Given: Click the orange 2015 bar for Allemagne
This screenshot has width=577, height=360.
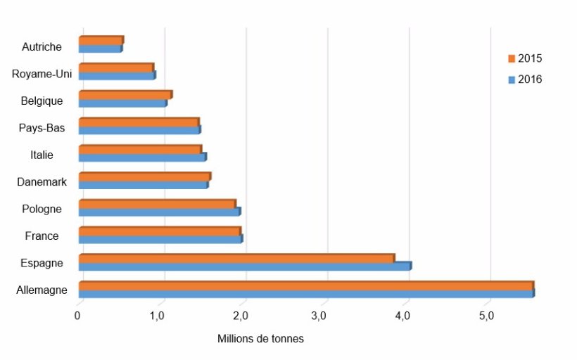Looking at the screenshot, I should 305,285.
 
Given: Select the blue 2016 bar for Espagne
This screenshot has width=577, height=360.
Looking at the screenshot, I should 244,266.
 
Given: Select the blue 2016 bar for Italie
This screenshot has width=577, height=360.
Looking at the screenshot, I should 142,157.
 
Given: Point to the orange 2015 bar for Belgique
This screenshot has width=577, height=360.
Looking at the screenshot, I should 125,95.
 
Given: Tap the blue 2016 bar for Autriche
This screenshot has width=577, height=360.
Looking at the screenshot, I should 100,49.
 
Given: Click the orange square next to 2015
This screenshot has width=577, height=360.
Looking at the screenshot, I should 512,58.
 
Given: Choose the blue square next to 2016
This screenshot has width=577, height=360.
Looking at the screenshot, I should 512,80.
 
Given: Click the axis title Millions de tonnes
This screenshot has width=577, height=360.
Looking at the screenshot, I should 260,339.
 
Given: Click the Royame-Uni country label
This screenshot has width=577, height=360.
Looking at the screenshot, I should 42,74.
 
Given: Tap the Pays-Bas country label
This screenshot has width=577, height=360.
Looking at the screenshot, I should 42,128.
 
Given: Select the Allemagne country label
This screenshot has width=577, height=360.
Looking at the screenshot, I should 42,290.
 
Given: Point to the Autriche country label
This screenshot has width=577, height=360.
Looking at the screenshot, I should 42,47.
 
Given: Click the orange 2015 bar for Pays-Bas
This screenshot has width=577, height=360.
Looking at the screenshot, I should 139,122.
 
